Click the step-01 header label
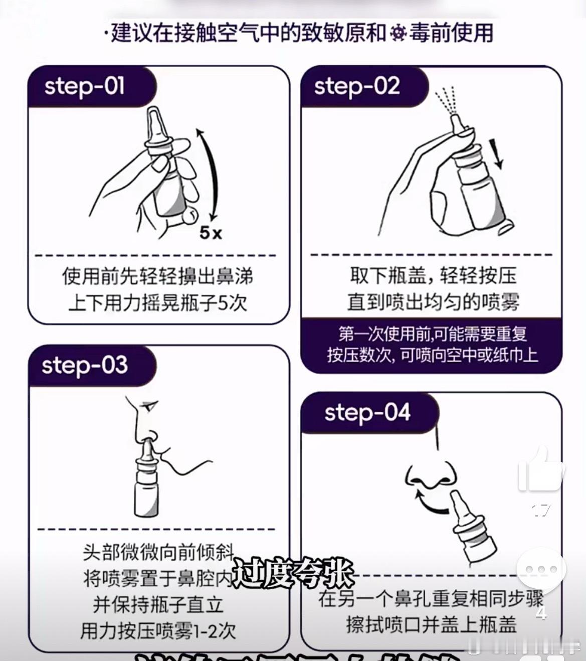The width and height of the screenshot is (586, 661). tap(84, 86)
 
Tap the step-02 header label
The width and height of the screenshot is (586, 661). tap(356, 86)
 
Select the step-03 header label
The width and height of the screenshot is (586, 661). tap(84, 365)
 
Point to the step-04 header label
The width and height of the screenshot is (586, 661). tap(367, 413)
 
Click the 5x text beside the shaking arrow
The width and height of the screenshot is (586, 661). tap(211, 232)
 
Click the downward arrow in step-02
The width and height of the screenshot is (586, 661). tap(498, 154)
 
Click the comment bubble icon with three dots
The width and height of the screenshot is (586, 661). tap(541, 570)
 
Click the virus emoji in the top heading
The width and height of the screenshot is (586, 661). tap(399, 33)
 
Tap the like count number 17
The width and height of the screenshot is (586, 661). tap(540, 511)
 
